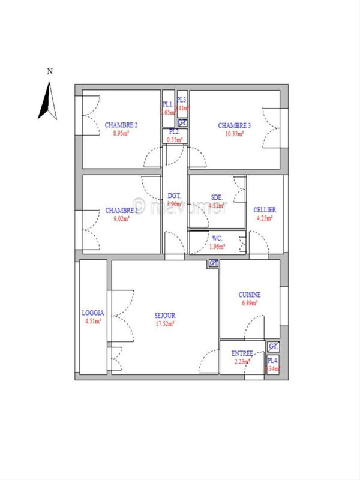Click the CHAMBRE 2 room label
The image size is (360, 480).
(x=121, y=125)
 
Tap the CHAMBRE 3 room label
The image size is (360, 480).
(x=235, y=125)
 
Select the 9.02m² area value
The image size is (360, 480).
(x=121, y=218)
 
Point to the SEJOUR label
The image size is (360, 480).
(x=164, y=315)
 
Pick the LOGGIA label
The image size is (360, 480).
(x=93, y=313)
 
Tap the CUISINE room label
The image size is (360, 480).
(x=249, y=295)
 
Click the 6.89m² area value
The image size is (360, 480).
(x=249, y=303)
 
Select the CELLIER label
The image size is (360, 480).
(x=265, y=209)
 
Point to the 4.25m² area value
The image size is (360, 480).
(x=265, y=218)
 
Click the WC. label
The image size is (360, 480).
(x=217, y=238)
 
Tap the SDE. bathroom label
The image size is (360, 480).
(x=217, y=197)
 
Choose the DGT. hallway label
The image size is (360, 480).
(x=175, y=196)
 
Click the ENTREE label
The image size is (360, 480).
(x=242, y=353)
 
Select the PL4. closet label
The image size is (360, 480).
(x=273, y=360)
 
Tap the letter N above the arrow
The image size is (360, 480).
(x=50, y=71)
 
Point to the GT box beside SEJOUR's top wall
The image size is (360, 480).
(x=214, y=263)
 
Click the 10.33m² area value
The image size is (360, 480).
(x=235, y=134)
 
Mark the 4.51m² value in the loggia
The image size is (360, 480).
(x=93, y=321)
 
